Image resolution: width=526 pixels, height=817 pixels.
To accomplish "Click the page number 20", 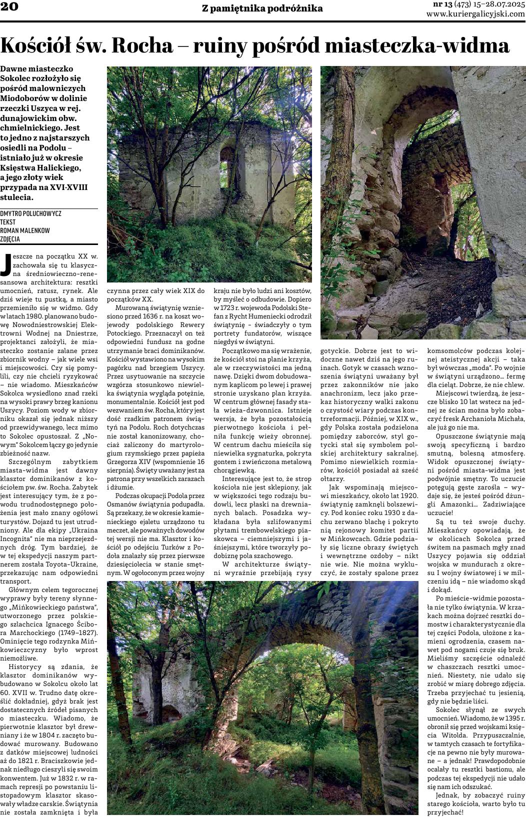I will tap(9, 6).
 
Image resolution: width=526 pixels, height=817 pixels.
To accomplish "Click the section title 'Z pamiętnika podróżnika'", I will tap(262, 8).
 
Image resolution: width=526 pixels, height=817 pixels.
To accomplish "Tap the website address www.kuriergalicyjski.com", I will tap(475, 14).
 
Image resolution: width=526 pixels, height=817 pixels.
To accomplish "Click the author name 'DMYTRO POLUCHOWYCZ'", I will tap(31, 213).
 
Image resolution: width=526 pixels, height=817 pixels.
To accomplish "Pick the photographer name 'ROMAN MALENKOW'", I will tap(24, 230).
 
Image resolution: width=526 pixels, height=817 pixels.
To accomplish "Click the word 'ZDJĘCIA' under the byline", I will tap(10, 239).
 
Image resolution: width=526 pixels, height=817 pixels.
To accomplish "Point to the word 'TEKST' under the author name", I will tap(8, 222).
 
